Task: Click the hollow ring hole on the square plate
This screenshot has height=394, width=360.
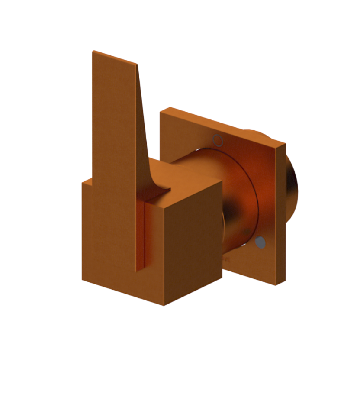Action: [218, 140]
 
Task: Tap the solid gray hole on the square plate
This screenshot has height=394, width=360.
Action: [260, 242]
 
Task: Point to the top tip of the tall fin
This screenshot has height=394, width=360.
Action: [93, 52]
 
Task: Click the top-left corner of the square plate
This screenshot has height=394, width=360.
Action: [161, 112]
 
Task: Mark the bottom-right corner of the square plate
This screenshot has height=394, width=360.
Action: [277, 284]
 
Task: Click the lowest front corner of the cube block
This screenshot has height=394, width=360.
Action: [164, 305]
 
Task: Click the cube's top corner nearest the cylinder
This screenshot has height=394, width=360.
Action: [222, 182]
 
